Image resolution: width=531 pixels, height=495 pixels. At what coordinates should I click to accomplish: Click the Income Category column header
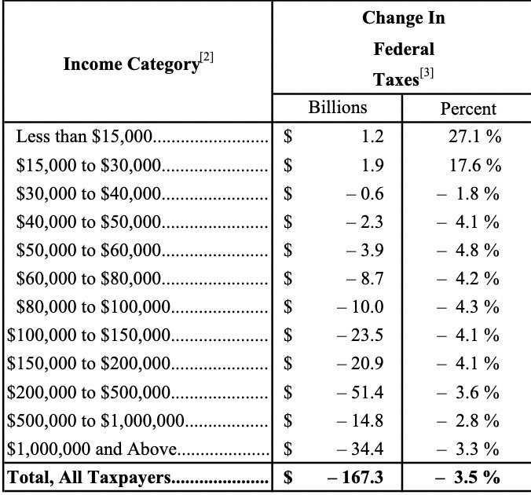point(131,64)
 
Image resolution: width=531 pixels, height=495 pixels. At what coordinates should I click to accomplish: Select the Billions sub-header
point(337,108)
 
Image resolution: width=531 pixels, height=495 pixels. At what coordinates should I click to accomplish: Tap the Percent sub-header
point(468,108)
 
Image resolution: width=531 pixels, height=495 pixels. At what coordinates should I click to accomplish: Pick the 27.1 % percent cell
point(474,137)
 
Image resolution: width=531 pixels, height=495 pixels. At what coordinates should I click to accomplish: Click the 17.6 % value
point(474,165)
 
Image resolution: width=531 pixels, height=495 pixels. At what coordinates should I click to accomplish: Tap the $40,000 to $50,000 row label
point(89,222)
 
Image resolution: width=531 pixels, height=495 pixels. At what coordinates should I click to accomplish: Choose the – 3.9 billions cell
point(365,251)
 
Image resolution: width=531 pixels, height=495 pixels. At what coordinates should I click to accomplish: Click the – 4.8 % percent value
point(468,251)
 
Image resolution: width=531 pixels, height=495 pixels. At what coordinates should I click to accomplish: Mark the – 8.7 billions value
point(365,279)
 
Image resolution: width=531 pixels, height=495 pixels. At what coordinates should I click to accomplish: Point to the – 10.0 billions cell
point(361,307)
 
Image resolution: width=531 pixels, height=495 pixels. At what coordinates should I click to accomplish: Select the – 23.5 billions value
point(361,335)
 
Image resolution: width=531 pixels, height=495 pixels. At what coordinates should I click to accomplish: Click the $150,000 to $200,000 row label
point(89,364)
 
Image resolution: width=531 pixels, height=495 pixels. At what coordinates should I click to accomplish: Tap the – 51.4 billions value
point(361,392)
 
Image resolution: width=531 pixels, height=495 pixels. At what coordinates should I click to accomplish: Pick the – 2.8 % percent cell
point(468,420)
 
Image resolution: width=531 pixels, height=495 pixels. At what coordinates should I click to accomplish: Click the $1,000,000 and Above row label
point(93,449)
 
